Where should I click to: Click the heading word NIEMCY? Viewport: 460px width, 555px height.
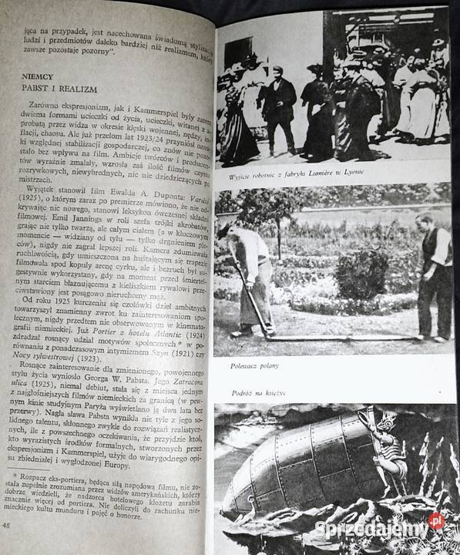38,77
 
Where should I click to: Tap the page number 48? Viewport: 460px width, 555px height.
8,526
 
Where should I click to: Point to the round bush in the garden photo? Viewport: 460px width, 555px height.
361,274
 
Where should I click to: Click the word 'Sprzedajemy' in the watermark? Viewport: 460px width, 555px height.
370,529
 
